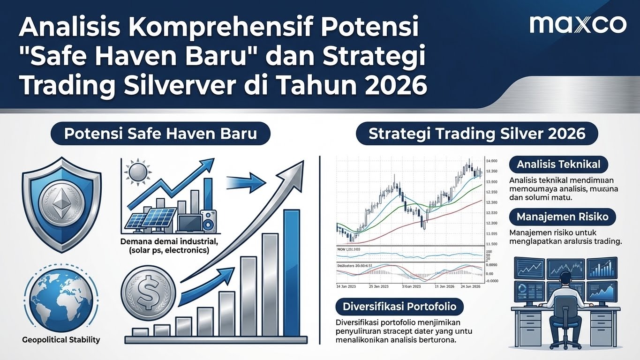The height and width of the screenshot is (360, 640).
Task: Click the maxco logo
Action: [578, 24]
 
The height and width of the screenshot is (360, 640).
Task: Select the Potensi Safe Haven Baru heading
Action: [160, 134]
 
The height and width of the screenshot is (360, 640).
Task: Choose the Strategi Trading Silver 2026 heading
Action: [477, 134]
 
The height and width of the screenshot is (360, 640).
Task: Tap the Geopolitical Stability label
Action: [61, 339]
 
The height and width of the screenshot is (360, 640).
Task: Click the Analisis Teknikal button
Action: [558, 165]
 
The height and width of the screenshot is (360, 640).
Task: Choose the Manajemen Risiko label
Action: [562, 217]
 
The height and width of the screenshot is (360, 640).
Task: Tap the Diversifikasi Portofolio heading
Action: [400, 307]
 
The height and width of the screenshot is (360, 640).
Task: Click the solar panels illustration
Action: [151, 220]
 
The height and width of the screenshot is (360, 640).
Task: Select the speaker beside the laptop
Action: [208, 221]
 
